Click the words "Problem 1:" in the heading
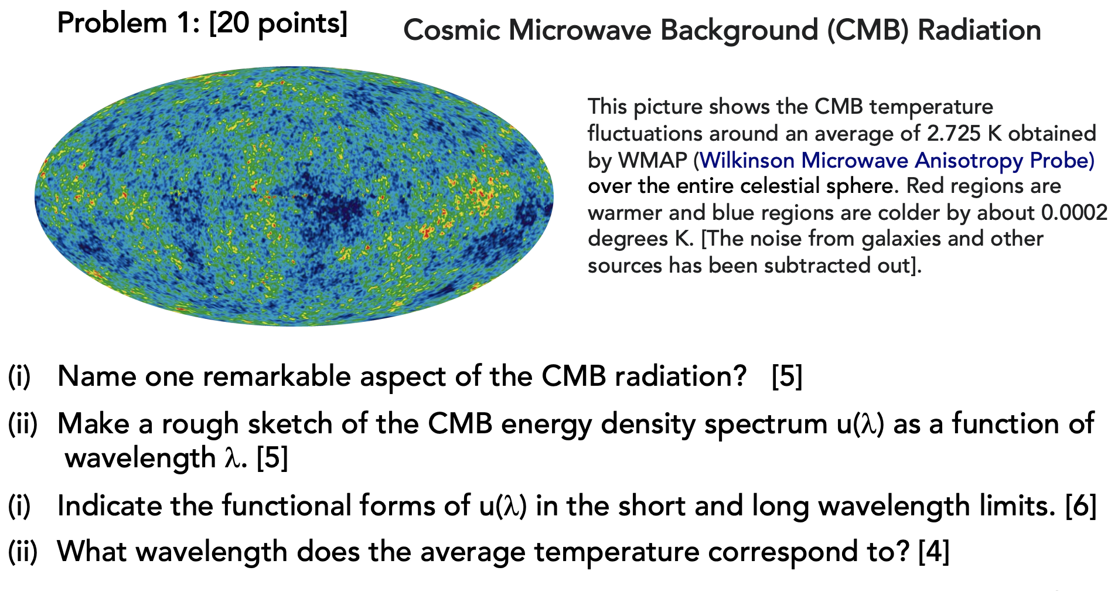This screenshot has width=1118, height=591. (129, 24)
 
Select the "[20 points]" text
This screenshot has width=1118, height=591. (278, 24)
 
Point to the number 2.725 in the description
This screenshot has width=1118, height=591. (954, 134)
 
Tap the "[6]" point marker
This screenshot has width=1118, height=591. (1081, 506)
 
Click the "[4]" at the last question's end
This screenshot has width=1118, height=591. (934, 552)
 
